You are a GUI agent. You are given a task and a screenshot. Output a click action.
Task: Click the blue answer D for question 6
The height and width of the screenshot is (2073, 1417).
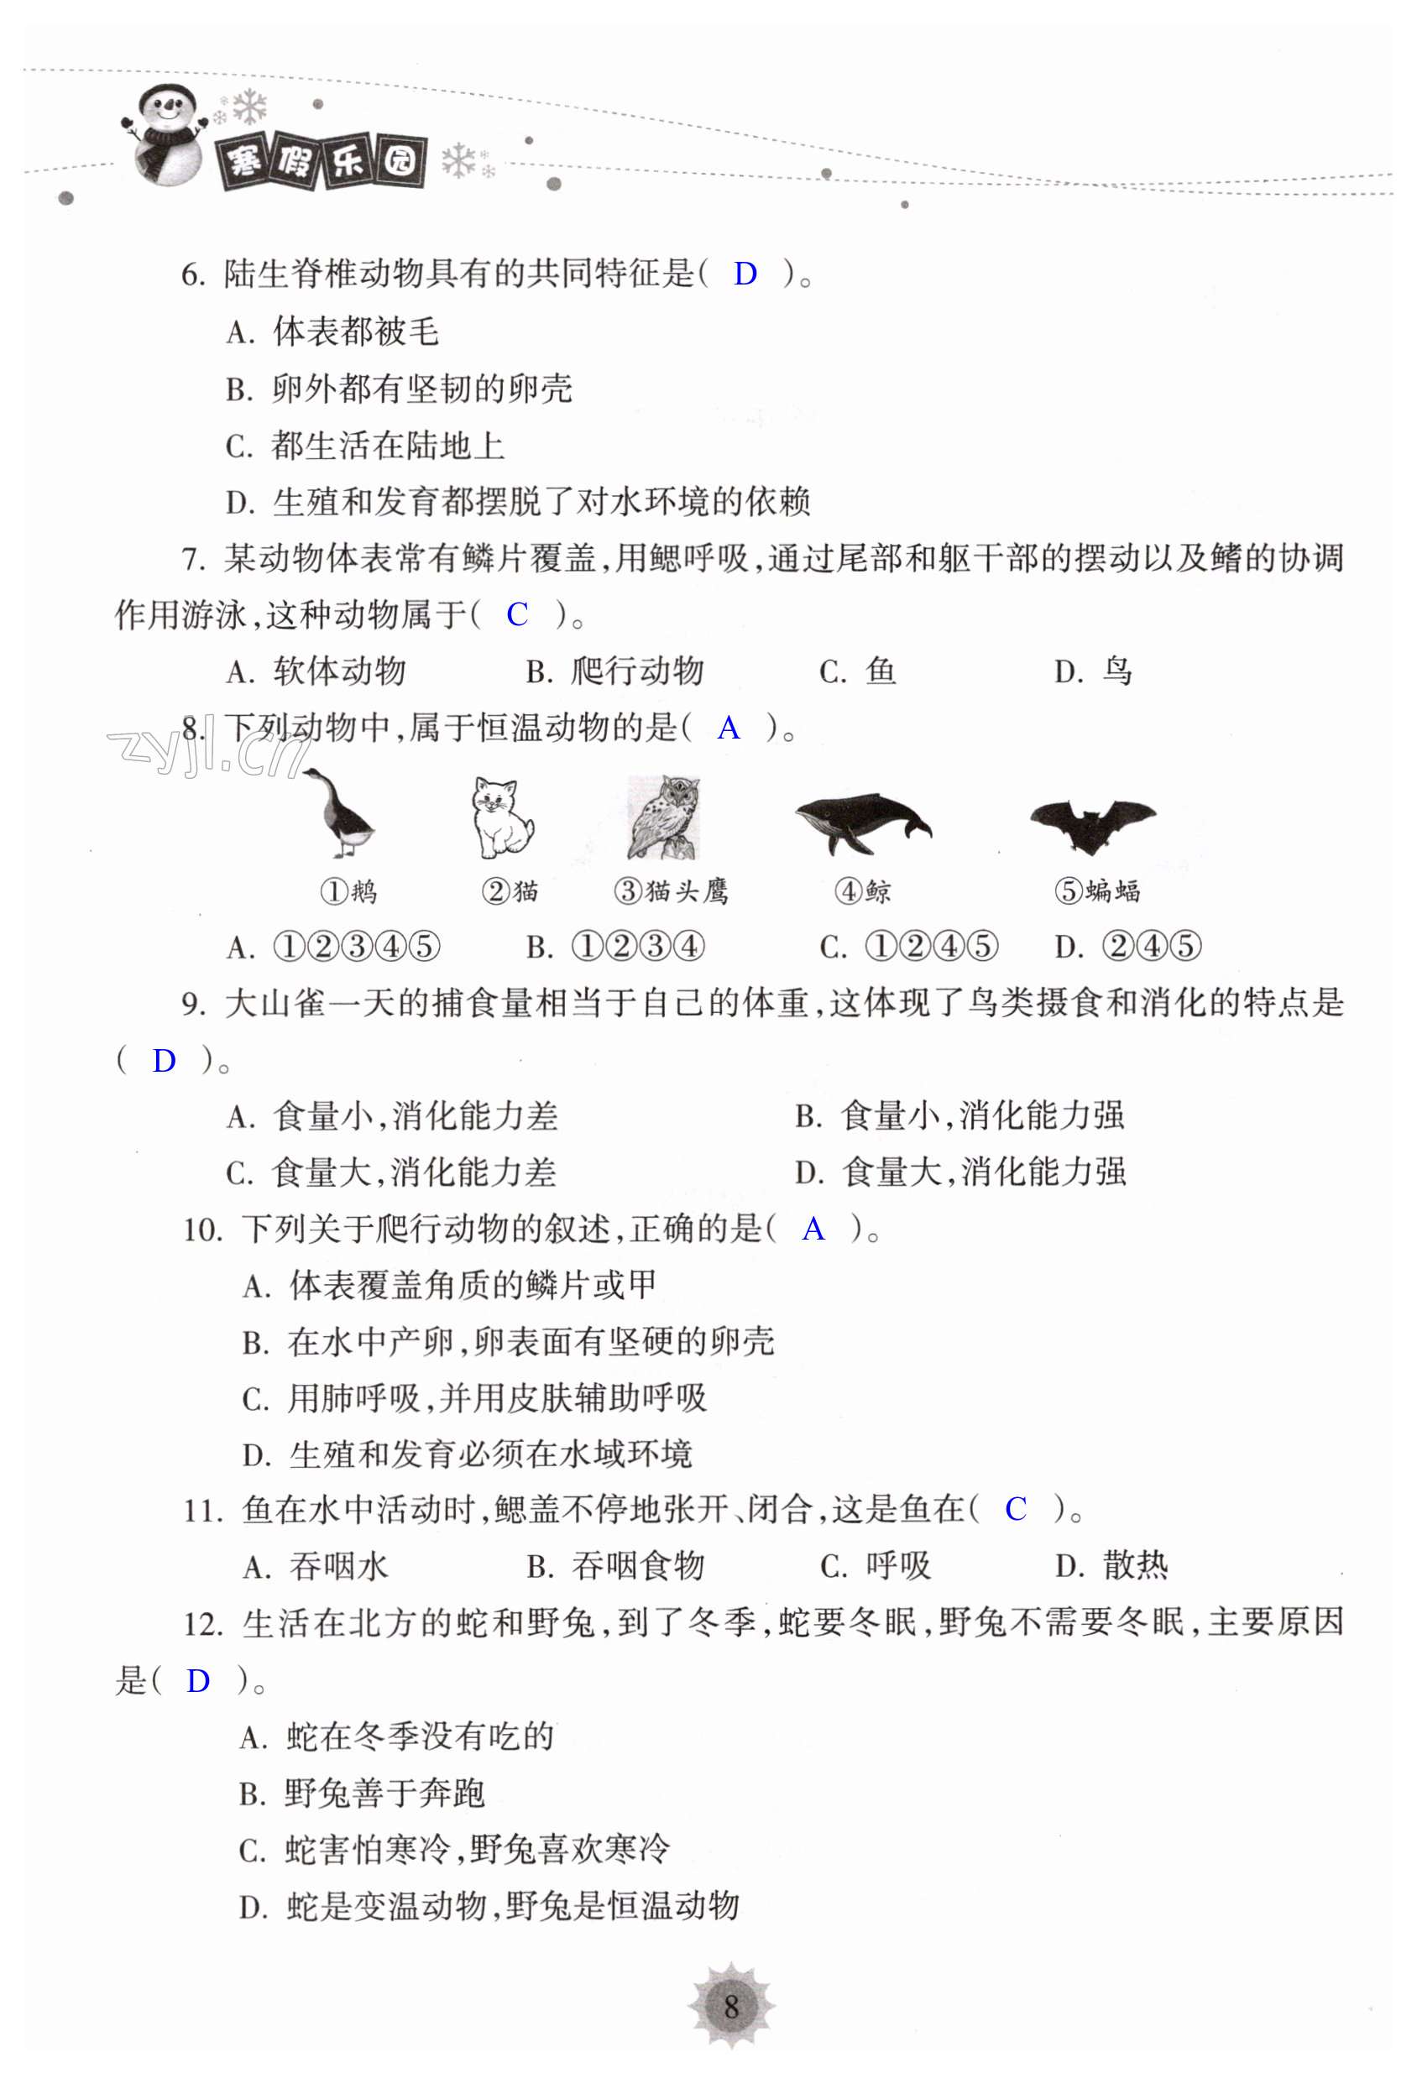point(745,274)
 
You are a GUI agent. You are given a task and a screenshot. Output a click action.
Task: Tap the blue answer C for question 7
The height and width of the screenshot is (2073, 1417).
point(516,614)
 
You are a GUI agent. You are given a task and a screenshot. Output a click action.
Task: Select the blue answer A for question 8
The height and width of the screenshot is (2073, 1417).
point(728,728)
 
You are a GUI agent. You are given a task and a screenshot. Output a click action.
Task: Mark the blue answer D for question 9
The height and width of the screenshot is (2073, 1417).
point(165,1062)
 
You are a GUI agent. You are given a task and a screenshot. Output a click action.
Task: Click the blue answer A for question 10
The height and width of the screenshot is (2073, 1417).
point(813,1230)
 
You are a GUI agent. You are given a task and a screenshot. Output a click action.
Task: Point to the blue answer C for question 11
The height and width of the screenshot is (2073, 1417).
point(1016,1509)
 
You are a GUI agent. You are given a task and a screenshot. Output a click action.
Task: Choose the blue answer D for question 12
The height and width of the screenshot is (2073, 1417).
point(197,1681)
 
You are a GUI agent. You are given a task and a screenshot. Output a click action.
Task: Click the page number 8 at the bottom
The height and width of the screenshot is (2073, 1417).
point(731,2007)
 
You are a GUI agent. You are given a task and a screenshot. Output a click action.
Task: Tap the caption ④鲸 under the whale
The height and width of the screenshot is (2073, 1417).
point(862,890)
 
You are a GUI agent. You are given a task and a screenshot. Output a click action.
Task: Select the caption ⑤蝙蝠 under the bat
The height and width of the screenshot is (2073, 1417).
point(1096,890)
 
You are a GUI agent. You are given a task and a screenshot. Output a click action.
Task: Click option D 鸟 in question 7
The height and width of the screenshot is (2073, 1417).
point(1094,671)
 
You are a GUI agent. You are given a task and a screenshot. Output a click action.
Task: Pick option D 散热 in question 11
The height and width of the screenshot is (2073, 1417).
point(1111,1565)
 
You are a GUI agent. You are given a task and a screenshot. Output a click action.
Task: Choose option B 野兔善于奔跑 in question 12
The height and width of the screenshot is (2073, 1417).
point(363,1794)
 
